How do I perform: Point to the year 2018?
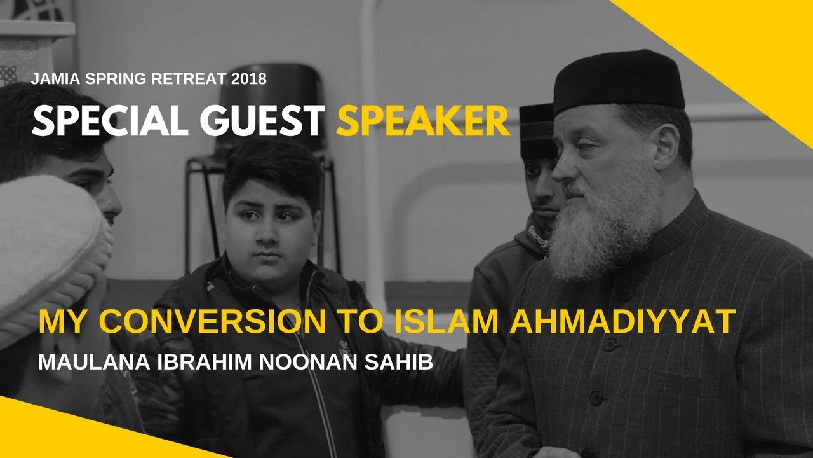click(x=249, y=80)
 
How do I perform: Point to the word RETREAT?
click(x=189, y=80)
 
